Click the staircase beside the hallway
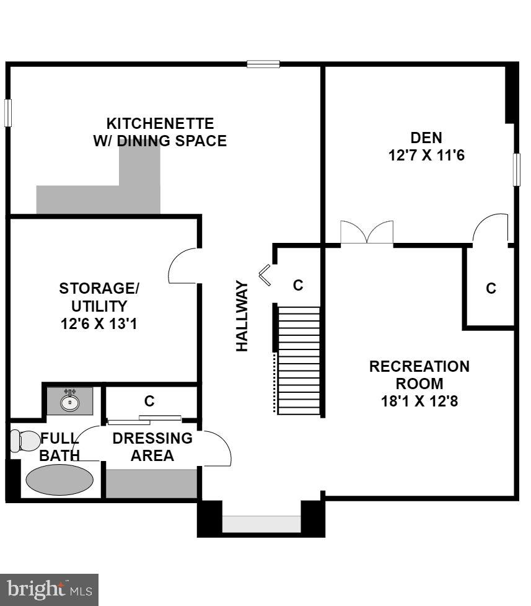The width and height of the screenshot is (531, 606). [x=298, y=360]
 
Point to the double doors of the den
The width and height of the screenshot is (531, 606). [x=367, y=234]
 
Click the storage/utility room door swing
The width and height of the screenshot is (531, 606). [x=183, y=266]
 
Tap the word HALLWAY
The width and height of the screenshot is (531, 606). [x=242, y=316]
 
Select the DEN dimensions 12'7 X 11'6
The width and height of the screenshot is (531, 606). [x=426, y=155]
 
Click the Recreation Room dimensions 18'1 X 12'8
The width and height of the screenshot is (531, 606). [x=419, y=401]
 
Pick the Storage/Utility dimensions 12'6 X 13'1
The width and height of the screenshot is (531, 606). [x=99, y=323]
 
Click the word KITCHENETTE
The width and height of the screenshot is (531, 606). [x=160, y=123]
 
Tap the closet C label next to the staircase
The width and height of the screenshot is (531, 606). [x=298, y=285]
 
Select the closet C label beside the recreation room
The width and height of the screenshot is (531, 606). [x=491, y=288]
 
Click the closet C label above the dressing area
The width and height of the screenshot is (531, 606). [x=149, y=401]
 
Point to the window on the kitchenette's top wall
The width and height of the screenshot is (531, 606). [x=263, y=63]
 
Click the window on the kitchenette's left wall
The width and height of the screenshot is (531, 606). [x=8, y=113]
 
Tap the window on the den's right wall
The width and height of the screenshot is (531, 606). [x=516, y=169]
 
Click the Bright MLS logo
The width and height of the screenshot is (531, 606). [x=49, y=589]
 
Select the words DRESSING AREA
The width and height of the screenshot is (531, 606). [x=152, y=447]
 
